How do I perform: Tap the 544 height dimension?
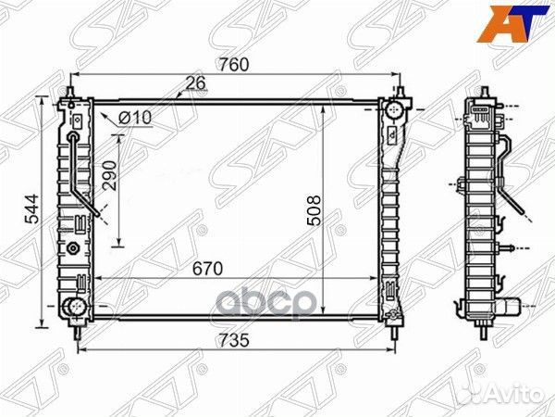coord(31,211)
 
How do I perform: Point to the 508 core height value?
coord(312,211)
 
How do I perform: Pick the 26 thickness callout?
coord(195,83)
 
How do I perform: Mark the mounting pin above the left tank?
coord(68,93)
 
